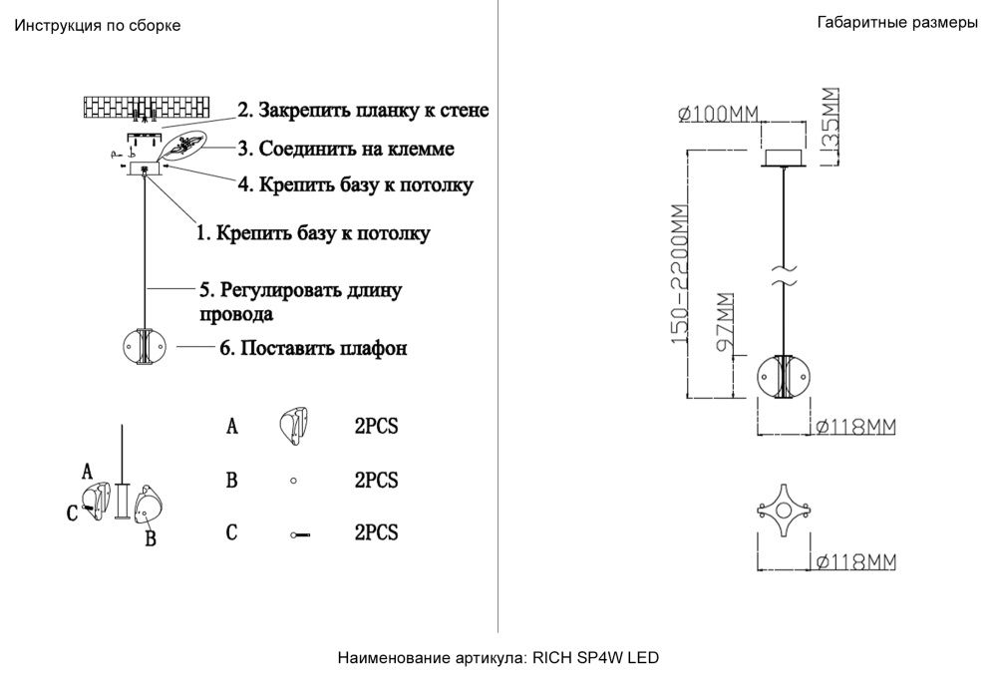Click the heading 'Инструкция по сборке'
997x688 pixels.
[97, 26]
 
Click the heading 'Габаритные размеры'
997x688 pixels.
[896, 24]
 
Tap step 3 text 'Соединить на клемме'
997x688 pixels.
[346, 150]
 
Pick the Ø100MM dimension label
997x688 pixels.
[715, 115]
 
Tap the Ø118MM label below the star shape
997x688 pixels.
[855, 562]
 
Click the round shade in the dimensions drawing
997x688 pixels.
[786, 379]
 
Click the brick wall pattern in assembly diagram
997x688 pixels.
[148, 106]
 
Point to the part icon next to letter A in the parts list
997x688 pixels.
[294, 427]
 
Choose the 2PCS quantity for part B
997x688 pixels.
[376, 481]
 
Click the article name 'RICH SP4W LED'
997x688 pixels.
[595, 658]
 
